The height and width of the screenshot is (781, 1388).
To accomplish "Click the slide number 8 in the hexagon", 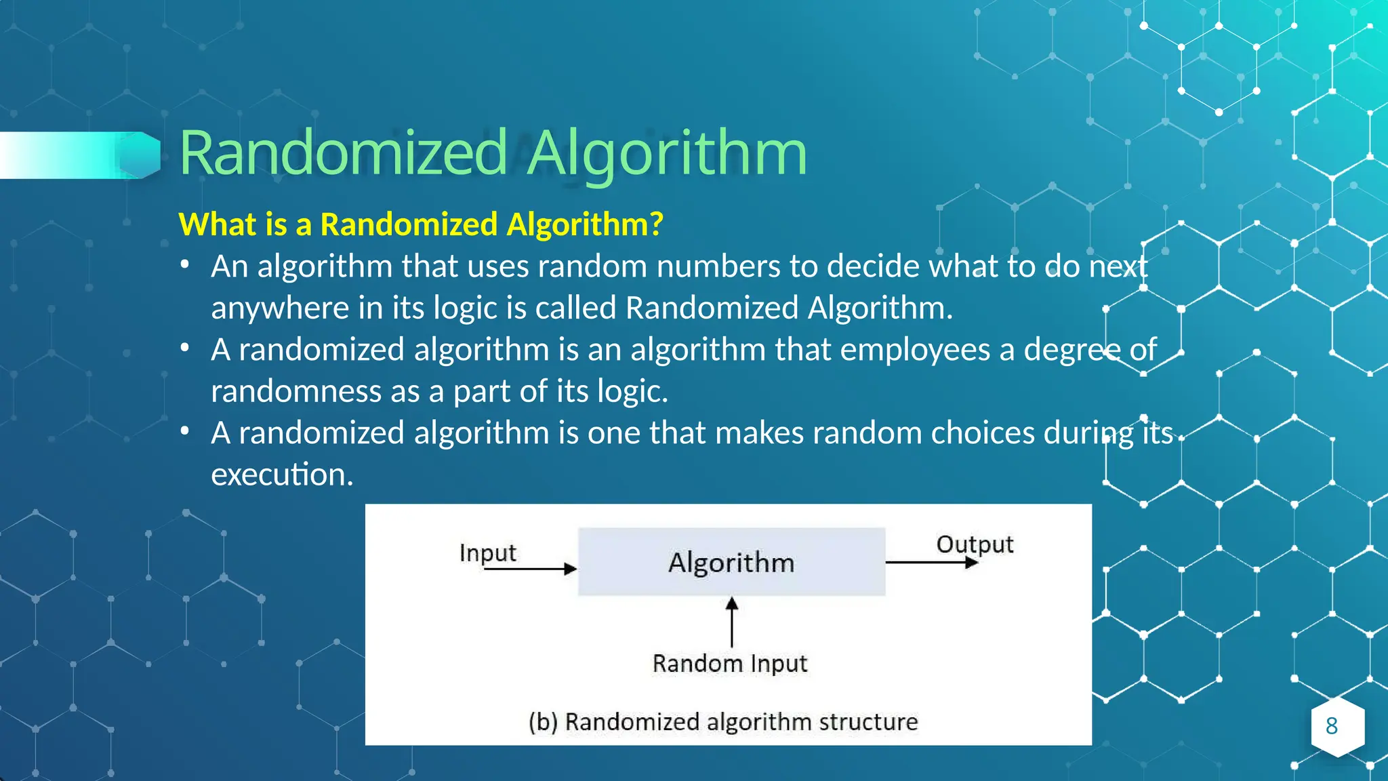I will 1332,726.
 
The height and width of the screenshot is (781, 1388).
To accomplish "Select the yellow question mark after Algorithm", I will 655,224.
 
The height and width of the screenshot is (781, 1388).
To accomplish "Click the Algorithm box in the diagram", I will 731,562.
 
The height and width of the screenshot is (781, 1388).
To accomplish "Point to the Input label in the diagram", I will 487,553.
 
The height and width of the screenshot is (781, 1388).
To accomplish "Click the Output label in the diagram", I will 975,544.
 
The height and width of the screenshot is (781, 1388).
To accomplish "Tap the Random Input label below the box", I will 730,663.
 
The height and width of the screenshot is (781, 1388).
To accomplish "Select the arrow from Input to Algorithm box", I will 530,569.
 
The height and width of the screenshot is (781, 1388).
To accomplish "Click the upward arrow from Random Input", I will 732,621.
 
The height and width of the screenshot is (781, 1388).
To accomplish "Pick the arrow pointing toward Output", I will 931,562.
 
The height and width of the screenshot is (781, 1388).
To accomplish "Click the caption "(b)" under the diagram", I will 543,722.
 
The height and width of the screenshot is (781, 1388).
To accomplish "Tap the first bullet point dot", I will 185,265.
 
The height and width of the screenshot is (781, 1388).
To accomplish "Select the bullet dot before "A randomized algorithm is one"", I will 185,431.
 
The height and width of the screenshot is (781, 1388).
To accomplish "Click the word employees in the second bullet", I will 915,350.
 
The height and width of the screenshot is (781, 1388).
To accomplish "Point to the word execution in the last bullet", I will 282,474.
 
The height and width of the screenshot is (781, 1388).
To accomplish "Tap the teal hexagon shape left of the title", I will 141,155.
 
